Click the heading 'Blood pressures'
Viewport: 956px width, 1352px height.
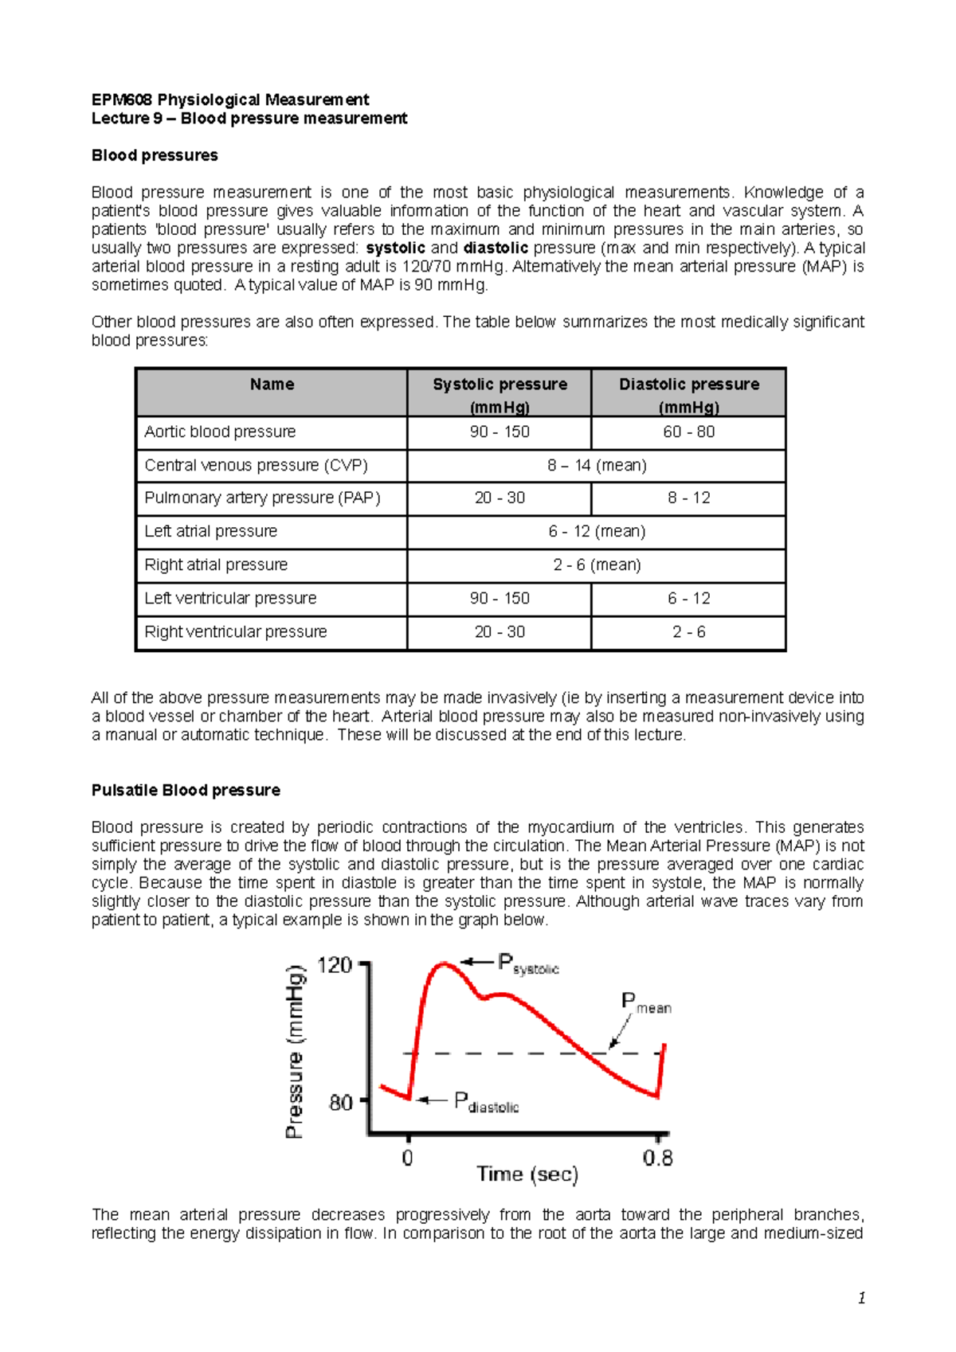click(155, 155)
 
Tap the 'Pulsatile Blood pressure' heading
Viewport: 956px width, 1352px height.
click(186, 790)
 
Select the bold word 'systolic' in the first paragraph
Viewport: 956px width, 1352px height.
click(395, 248)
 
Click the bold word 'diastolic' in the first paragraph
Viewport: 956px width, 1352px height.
click(496, 248)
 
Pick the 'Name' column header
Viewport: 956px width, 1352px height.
click(272, 385)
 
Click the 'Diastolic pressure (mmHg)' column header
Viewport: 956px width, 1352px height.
click(689, 394)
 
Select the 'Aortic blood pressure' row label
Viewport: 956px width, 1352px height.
click(220, 432)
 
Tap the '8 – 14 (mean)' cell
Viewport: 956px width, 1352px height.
click(596, 465)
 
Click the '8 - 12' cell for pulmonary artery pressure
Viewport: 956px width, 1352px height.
click(689, 498)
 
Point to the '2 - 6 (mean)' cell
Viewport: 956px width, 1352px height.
click(596, 565)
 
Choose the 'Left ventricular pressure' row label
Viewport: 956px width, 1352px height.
click(230, 598)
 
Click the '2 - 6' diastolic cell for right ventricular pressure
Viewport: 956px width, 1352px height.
click(689, 631)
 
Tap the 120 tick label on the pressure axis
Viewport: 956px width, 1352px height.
click(335, 966)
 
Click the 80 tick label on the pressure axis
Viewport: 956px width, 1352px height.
click(340, 1103)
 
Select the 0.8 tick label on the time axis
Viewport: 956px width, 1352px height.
click(657, 1158)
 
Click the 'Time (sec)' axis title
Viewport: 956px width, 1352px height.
click(527, 1174)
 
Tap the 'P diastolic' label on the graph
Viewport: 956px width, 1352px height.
click(486, 1102)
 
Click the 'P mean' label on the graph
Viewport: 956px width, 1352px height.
click(645, 1003)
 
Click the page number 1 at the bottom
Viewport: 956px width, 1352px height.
click(861, 1298)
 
